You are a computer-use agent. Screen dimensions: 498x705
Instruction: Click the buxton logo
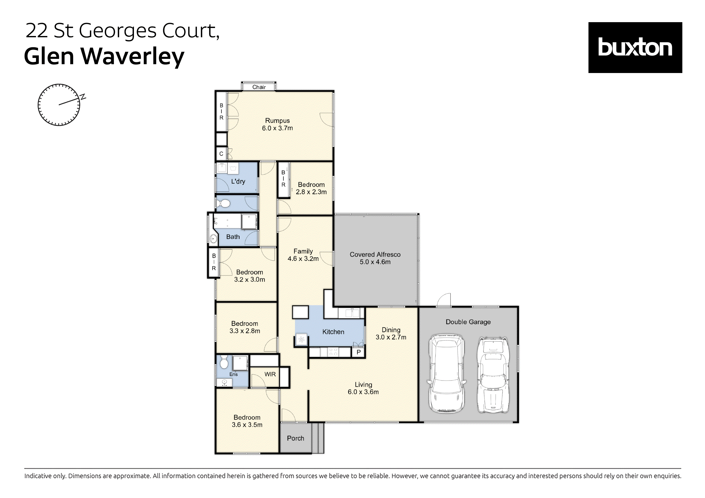click(635, 47)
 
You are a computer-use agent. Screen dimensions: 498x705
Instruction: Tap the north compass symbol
click(59, 105)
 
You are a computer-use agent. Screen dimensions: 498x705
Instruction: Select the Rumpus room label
click(277, 121)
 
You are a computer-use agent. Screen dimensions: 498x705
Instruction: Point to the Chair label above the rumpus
click(259, 87)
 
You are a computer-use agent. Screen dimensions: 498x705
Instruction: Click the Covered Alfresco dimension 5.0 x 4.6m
click(375, 262)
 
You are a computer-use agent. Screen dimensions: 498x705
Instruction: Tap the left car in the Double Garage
click(446, 374)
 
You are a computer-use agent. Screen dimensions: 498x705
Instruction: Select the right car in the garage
click(493, 375)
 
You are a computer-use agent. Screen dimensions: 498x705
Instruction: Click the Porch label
click(295, 438)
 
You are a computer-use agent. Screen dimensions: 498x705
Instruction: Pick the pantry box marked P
click(358, 352)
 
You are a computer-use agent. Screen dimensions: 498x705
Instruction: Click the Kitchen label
click(333, 332)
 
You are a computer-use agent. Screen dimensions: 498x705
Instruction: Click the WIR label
click(270, 374)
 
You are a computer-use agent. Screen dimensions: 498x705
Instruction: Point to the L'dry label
click(238, 182)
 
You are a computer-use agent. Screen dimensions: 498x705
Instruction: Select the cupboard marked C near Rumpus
click(221, 154)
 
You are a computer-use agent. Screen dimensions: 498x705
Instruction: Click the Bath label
click(233, 237)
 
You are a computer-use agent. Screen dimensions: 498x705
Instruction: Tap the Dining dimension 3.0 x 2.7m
click(391, 337)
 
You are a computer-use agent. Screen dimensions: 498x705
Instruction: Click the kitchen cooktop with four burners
click(333, 352)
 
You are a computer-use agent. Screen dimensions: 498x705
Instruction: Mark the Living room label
click(363, 385)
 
